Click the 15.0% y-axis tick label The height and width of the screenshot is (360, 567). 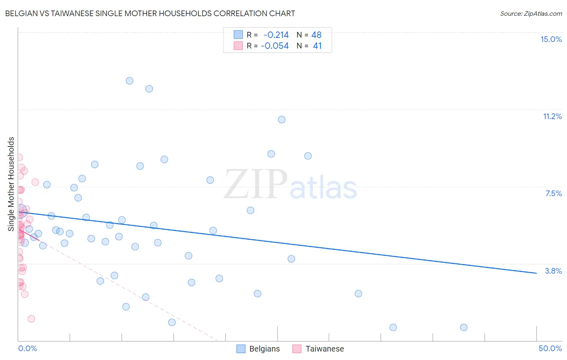click(x=551, y=39)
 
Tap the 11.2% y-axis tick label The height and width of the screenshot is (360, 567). click(x=552, y=117)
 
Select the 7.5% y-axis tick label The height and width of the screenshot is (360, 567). click(x=553, y=194)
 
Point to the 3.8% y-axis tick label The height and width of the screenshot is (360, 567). click(x=553, y=271)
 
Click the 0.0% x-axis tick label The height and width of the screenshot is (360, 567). click(x=27, y=349)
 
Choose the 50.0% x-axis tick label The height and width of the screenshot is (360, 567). click(x=550, y=349)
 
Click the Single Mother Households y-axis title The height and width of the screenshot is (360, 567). click(x=11, y=184)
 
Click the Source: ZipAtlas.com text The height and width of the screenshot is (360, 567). click(x=531, y=14)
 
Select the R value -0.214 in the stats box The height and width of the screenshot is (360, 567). click(x=276, y=35)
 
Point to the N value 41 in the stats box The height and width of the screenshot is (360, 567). click(x=317, y=46)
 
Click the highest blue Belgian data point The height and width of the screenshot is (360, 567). click(x=129, y=81)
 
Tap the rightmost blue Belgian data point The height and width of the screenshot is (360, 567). click(x=464, y=327)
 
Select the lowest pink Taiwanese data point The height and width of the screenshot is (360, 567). click(x=31, y=319)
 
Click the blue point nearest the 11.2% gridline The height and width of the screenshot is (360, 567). click(x=282, y=119)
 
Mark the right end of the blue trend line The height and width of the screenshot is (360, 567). click(x=536, y=273)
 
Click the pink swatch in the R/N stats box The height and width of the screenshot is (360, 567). click(x=238, y=46)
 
